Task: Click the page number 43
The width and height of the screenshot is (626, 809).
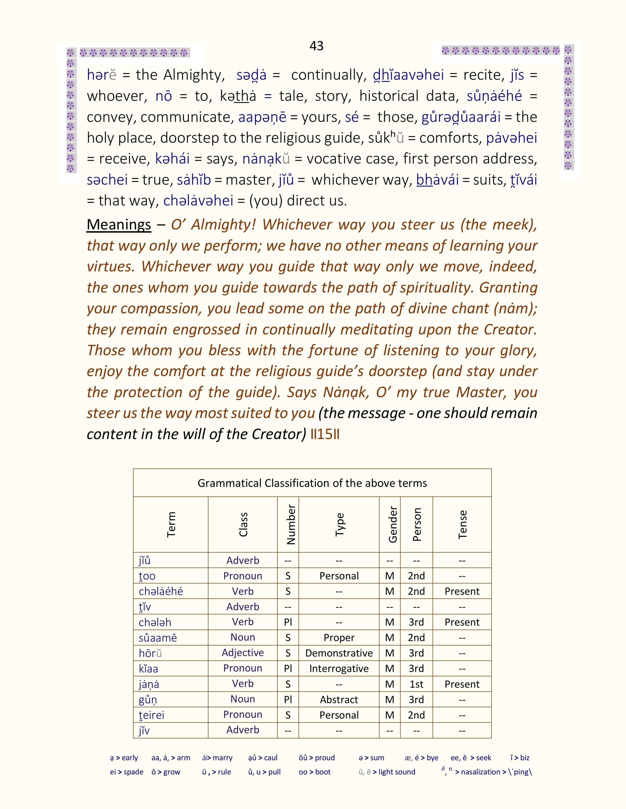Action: coord(316,46)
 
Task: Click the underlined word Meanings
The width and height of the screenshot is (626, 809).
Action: coord(119,225)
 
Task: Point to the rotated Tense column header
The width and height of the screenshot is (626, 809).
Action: coord(462,525)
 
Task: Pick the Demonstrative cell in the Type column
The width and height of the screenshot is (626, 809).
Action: coord(339,653)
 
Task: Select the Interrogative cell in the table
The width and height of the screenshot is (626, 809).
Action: coord(339,669)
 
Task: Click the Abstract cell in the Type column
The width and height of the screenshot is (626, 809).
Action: coord(339,700)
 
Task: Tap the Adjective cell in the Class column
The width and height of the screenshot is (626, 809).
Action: coord(243,653)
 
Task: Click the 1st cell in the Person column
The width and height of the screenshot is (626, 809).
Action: coord(416,684)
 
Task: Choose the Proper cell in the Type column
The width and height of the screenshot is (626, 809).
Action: coord(339,637)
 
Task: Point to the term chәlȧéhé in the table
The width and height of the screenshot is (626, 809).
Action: coord(161,591)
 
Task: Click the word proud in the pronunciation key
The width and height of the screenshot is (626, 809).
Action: coord(325,758)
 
